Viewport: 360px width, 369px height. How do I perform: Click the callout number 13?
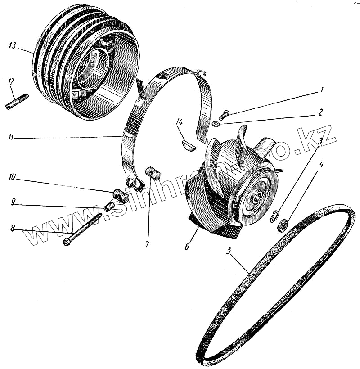click(x=12, y=45)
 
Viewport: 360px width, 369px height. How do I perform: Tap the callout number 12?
click(x=11, y=81)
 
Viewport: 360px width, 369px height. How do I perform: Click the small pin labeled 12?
click(x=17, y=101)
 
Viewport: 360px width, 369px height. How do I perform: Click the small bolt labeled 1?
click(x=225, y=114)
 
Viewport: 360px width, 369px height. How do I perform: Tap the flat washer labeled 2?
click(x=216, y=123)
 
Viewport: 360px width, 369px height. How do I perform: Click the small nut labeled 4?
click(x=283, y=224)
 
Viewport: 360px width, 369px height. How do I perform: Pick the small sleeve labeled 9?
click(x=109, y=207)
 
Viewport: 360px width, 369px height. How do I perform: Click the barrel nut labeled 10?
click(x=121, y=195)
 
